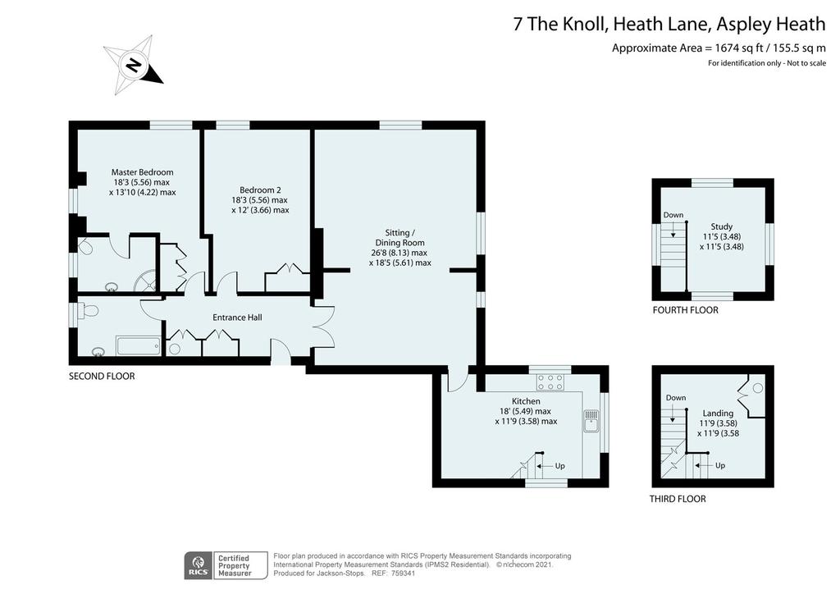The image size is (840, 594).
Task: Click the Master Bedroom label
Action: pyautogui.click(x=143, y=172)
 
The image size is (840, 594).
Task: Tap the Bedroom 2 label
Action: pyautogui.click(x=260, y=190)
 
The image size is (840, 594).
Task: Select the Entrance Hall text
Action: pyautogui.click(x=237, y=318)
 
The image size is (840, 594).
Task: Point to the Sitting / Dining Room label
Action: pyautogui.click(x=400, y=238)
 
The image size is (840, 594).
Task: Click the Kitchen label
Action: pyautogui.click(x=526, y=401)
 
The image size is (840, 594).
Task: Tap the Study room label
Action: pyautogui.click(x=722, y=226)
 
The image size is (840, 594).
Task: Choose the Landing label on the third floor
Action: pyautogui.click(x=718, y=414)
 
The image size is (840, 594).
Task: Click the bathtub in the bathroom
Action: pyautogui.click(x=138, y=346)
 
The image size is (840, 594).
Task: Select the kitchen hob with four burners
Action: pyautogui.click(x=550, y=382)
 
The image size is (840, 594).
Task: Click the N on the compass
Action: pyautogui.click(x=133, y=66)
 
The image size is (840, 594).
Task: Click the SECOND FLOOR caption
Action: pyautogui.click(x=102, y=376)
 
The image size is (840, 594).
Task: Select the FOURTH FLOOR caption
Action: pyautogui.click(x=686, y=310)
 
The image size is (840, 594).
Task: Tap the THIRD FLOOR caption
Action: pyautogui.click(x=678, y=499)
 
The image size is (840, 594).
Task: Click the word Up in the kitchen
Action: pyautogui.click(x=559, y=466)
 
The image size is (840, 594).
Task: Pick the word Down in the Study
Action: pyautogui.click(x=673, y=215)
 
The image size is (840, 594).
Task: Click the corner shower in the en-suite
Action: pyautogui.click(x=146, y=281)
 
